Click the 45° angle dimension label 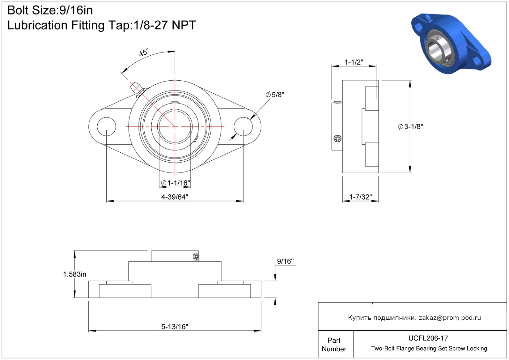144,52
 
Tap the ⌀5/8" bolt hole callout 275,95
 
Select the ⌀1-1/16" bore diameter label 175,183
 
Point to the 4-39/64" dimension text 175,197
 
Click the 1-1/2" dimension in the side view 354,62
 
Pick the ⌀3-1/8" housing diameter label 411,127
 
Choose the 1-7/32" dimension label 360,197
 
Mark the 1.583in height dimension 74,274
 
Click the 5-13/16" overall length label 175,327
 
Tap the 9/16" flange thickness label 285,261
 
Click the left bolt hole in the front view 106,127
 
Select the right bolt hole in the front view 243,127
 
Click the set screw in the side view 337,138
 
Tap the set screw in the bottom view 196,256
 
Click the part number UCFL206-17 428,338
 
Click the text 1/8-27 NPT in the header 165,25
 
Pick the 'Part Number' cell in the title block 334,345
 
